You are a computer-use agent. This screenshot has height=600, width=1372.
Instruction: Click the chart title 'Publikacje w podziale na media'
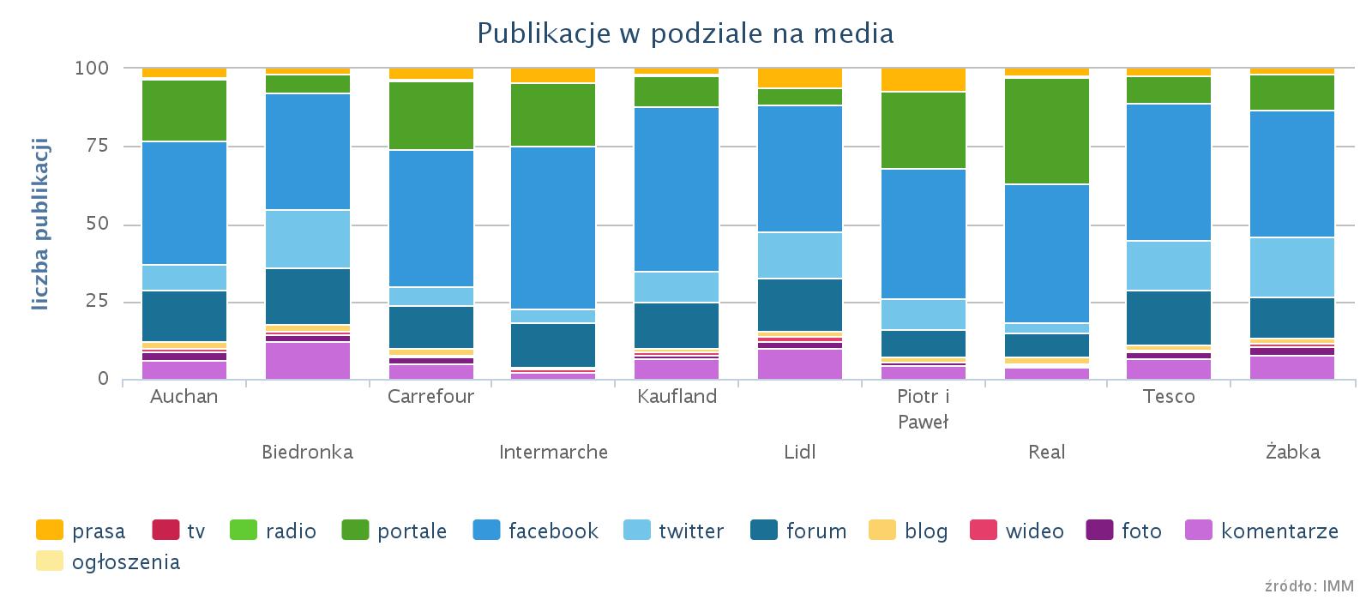tap(685, 33)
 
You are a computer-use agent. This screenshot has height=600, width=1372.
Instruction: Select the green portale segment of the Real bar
tap(1047, 131)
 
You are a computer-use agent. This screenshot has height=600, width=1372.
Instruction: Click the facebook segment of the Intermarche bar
tap(553, 227)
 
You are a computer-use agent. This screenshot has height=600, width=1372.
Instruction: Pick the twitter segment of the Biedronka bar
tap(308, 239)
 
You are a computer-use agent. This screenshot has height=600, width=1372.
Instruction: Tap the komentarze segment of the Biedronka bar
tap(308, 360)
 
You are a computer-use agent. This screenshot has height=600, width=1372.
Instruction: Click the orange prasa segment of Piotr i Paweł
tap(924, 80)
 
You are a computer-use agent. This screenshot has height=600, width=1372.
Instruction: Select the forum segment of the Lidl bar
tap(800, 304)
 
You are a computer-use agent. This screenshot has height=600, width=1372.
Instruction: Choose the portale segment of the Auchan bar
tap(184, 111)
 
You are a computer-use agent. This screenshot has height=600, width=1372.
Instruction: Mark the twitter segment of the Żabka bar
tap(1292, 267)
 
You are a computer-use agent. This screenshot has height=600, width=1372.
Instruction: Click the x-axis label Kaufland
tap(677, 397)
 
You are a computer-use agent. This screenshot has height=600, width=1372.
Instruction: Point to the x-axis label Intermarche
tap(553, 452)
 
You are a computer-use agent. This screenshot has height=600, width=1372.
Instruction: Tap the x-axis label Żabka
tap(1292, 452)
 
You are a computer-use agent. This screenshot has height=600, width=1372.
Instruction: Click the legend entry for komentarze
tap(1279, 531)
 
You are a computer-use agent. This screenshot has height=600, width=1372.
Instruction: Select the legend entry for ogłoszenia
tap(125, 562)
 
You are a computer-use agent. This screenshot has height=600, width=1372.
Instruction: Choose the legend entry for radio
tap(291, 531)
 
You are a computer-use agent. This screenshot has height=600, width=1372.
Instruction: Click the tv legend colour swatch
tap(165, 531)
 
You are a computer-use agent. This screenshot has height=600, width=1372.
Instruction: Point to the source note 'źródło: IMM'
tap(1309, 586)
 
